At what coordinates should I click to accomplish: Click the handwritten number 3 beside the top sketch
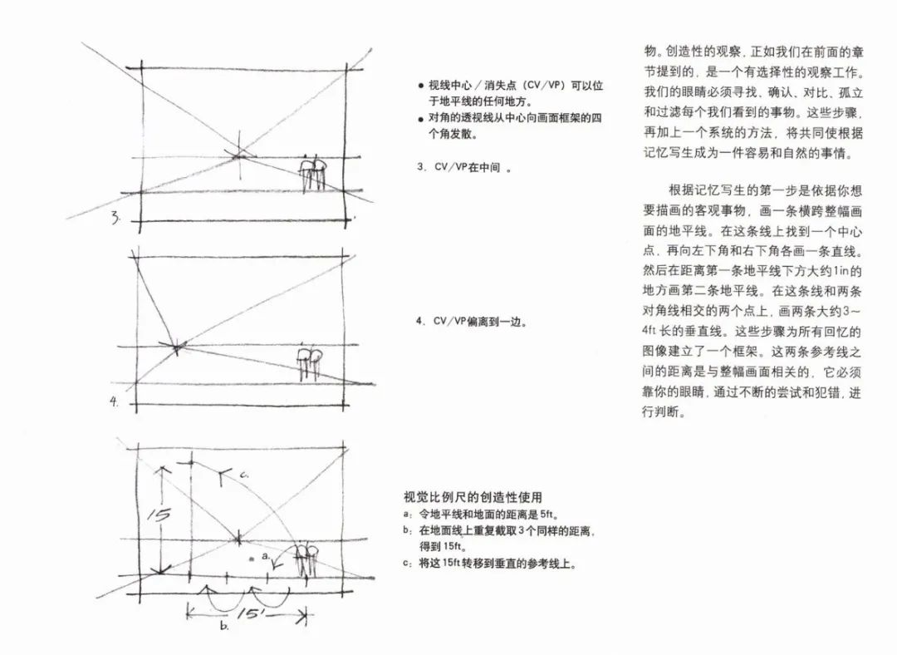coord(117,219)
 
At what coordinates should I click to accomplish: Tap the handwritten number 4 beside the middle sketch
coord(115,402)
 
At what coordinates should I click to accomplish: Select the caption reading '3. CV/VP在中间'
coord(463,167)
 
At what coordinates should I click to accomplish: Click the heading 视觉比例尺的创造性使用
coord(473,497)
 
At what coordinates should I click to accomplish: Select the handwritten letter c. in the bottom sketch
coord(244,474)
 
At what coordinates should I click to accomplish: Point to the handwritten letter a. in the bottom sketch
coord(265,554)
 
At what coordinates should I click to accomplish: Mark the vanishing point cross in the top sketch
coord(238,154)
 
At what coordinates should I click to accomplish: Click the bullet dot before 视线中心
coord(421,86)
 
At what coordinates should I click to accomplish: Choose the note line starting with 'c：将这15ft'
coord(490,563)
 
